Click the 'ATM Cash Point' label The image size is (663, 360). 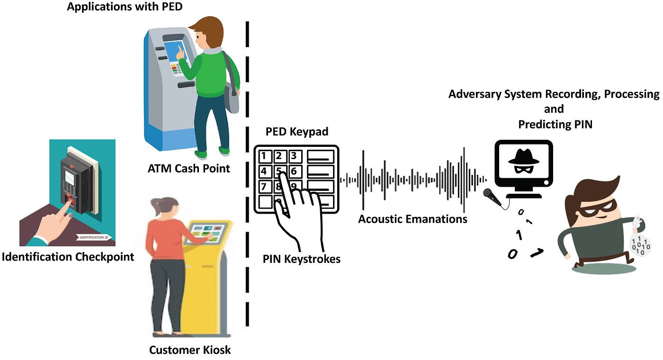(188, 168)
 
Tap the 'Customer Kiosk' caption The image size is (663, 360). (190, 350)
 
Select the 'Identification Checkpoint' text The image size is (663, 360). (68, 257)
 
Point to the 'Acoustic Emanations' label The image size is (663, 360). (412, 219)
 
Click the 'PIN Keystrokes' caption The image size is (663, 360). (302, 259)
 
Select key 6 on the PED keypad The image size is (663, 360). (294, 171)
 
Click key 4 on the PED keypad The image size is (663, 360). (265, 171)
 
